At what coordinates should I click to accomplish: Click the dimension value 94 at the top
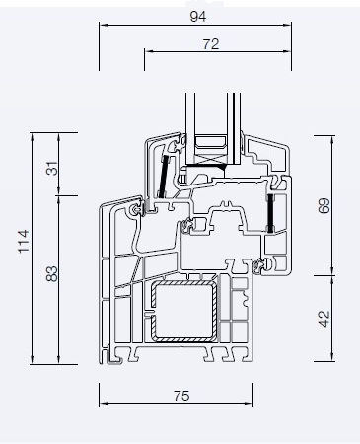click(x=198, y=16)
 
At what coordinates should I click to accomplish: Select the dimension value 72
click(x=211, y=44)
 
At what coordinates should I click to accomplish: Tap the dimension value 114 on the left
click(x=24, y=242)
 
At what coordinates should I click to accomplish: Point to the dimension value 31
click(x=52, y=169)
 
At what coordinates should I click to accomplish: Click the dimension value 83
click(x=52, y=274)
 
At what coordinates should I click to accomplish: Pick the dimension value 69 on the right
click(x=324, y=205)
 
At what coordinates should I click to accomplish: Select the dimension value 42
click(x=324, y=319)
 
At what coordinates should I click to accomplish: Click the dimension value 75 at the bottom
click(x=181, y=396)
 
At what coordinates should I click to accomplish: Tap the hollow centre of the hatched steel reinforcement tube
click(x=183, y=311)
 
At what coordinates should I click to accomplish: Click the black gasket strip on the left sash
click(x=163, y=177)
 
